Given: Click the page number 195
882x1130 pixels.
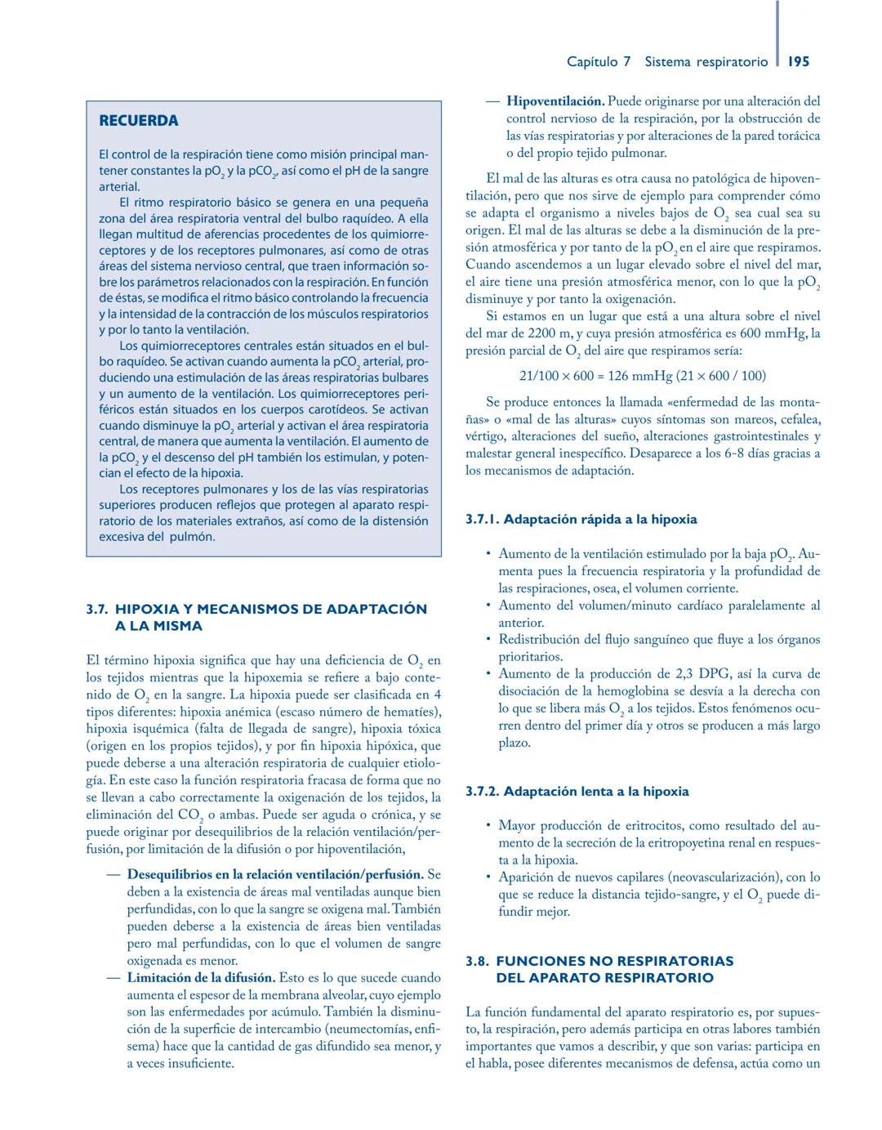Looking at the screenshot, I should click(799, 61).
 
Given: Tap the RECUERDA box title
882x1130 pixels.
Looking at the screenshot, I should click(138, 121).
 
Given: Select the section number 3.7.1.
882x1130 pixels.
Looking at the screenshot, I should click(482, 520).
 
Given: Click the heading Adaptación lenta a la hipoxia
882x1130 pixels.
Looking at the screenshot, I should click(596, 792).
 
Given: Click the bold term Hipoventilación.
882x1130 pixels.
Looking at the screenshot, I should click(555, 102).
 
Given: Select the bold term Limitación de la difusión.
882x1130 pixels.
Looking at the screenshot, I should click(201, 978).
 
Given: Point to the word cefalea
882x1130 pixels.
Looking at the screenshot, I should click(797, 419).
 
